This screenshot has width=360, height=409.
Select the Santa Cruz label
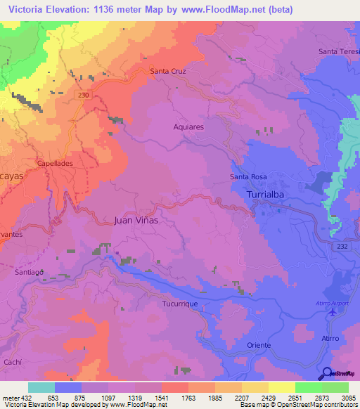click(x=167, y=71)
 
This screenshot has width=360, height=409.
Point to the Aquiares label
click(x=188, y=127)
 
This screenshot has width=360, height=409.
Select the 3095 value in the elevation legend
click(x=348, y=398)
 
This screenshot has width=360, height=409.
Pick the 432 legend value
click(x=27, y=398)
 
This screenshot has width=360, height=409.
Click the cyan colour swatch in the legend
click(x=41, y=387)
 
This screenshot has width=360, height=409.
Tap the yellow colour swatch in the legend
click(x=282, y=387)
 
